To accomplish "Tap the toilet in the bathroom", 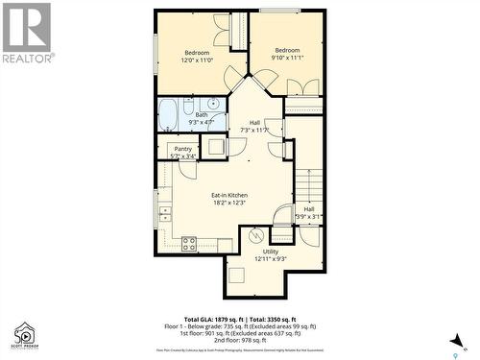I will [189, 105].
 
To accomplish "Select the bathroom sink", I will [211, 105].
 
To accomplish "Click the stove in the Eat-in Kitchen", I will [189, 244].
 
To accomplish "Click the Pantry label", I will [182, 149].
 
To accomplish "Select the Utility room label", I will [271, 252].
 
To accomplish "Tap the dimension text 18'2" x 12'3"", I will [229, 203].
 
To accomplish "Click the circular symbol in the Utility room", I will [255, 234].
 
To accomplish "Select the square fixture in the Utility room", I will [236, 277].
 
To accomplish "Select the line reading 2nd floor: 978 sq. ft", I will [240, 340].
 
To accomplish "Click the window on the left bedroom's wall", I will [156, 48].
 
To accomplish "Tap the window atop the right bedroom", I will [278, 11].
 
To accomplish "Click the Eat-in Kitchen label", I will [229, 195].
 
